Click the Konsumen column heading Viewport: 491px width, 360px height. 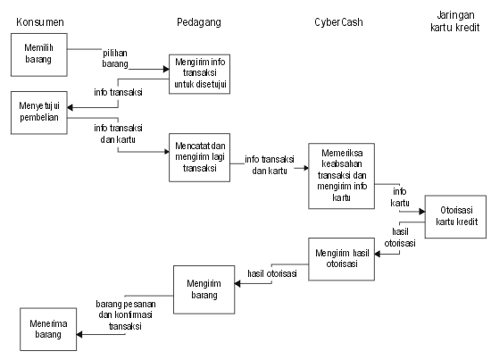point(40,22)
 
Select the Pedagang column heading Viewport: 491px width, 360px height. point(199,22)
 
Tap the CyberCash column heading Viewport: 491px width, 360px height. point(338,22)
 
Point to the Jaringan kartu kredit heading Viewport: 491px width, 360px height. point(455,21)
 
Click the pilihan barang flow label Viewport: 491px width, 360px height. point(115,58)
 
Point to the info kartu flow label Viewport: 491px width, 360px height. point(400,197)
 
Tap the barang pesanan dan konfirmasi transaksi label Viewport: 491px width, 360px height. point(126,314)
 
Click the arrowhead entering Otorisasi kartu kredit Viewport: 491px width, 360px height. point(422,212)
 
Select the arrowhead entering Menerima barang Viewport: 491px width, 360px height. point(79,335)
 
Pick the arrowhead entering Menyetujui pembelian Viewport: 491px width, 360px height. point(71,107)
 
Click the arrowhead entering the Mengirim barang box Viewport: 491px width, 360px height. point(237,283)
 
